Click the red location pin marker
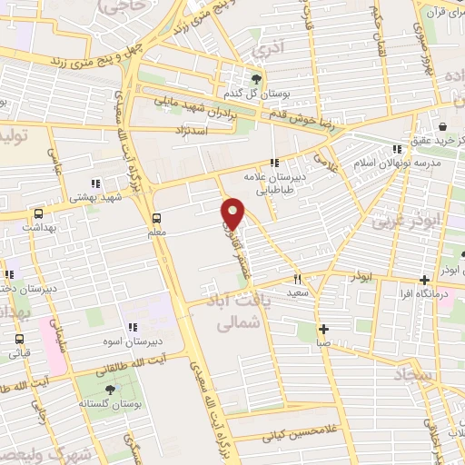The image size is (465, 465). (x=233, y=213)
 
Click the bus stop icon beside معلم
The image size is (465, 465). (x=156, y=218)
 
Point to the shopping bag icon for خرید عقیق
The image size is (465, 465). (x=442, y=126)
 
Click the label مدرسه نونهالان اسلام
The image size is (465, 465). (x=400, y=163)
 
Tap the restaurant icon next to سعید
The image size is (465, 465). (x=296, y=280)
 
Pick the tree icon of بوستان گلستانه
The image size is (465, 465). (x=111, y=389)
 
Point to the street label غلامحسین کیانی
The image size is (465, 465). (x=292, y=435)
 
